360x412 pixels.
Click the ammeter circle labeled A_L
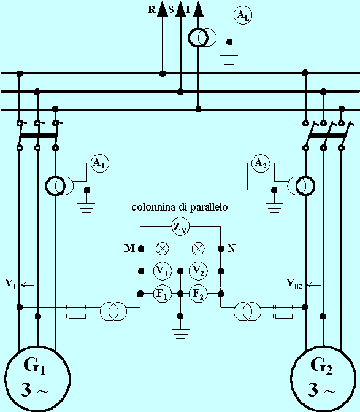tap(243, 16)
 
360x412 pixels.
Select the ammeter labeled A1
tap(100, 163)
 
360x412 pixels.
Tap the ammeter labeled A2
tap(261, 163)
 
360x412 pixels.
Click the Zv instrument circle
tap(180, 226)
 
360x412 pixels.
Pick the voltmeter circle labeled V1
tap(162, 271)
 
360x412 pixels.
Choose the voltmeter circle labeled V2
tap(198, 271)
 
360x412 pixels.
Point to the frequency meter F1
tap(162, 293)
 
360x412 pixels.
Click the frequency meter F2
tap(198, 293)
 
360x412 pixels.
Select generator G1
tap(37, 379)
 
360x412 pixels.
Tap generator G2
tap(324, 379)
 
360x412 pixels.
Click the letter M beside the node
tap(129, 248)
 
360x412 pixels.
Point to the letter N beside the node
tap(231, 248)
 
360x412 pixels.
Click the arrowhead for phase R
tap(163, 9)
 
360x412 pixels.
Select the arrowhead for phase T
tap(198, 9)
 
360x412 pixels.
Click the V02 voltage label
tap(294, 284)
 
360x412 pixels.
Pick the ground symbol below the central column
tap(180, 336)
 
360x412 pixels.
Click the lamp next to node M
tap(163, 248)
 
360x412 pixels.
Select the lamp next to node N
tap(198, 248)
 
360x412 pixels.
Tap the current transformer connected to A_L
tap(202, 38)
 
